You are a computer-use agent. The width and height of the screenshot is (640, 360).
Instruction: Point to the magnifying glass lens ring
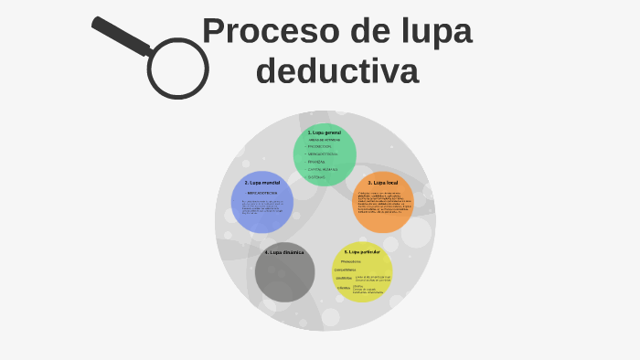(177, 69)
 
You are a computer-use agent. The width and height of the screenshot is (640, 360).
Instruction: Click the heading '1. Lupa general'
(325, 132)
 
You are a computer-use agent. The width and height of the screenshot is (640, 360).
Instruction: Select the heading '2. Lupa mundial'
(262, 183)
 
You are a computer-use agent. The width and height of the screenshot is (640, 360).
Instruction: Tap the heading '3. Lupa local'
(383, 183)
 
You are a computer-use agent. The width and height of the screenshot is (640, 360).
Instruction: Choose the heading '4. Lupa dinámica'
(284, 251)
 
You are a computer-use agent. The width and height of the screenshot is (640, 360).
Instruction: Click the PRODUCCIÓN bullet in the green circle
(320, 146)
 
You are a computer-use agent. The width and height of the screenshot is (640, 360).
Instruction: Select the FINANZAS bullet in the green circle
(316, 162)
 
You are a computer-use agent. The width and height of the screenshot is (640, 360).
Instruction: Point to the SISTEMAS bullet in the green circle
(316, 176)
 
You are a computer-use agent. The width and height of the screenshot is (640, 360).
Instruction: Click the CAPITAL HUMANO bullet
(323, 169)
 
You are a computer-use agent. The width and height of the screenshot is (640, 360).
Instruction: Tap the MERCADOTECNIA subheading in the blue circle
(261, 194)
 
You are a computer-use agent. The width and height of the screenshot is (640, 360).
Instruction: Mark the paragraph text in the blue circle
(261, 208)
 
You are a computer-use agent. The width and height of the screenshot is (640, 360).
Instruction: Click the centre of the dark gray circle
(285, 272)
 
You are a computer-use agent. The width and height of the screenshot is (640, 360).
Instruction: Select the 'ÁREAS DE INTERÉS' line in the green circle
(325, 140)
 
